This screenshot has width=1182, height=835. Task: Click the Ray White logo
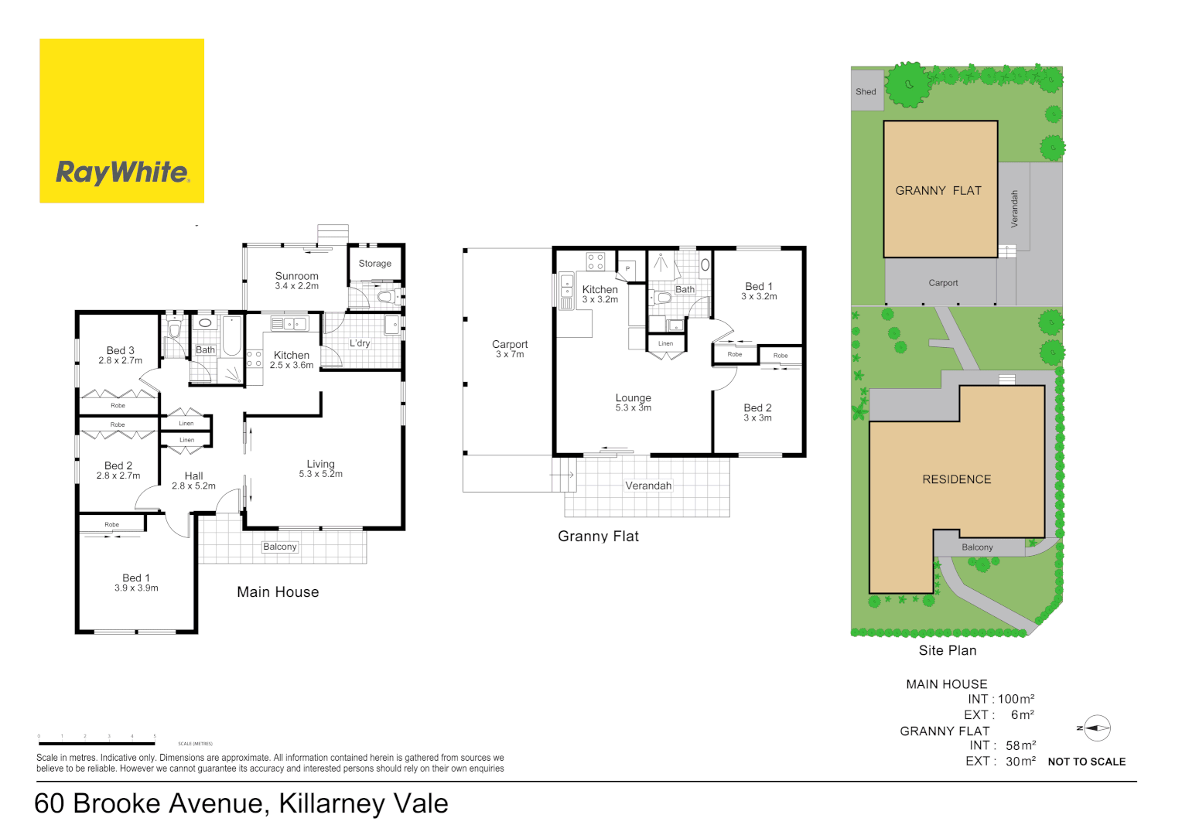coord(121,121)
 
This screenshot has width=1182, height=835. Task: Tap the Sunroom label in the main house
coord(296,276)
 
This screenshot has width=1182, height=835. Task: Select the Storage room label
coord(374,264)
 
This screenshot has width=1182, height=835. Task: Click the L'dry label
coord(360,343)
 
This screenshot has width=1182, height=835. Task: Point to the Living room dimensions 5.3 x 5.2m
coord(320,474)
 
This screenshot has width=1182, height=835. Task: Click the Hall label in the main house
coord(193,476)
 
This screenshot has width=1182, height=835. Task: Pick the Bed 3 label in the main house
coord(121,350)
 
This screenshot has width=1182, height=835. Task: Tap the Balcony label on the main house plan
coord(279,547)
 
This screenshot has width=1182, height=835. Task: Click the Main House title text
coord(278,592)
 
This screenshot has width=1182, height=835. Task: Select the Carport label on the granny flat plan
coord(510,344)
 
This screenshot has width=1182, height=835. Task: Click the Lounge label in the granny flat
coord(633,398)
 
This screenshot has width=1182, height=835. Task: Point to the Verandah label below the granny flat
coord(648,486)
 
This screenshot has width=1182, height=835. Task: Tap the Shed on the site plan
coord(866,91)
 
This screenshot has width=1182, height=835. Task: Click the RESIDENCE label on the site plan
coord(956,479)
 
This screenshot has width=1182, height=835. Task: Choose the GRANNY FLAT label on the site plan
coord(938,191)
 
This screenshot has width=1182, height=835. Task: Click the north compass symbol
coord(1095,728)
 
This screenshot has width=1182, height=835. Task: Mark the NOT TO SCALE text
coord(1086,762)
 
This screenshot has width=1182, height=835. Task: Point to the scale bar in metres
coord(97,743)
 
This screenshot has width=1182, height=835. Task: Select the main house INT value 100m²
coord(1016,699)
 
